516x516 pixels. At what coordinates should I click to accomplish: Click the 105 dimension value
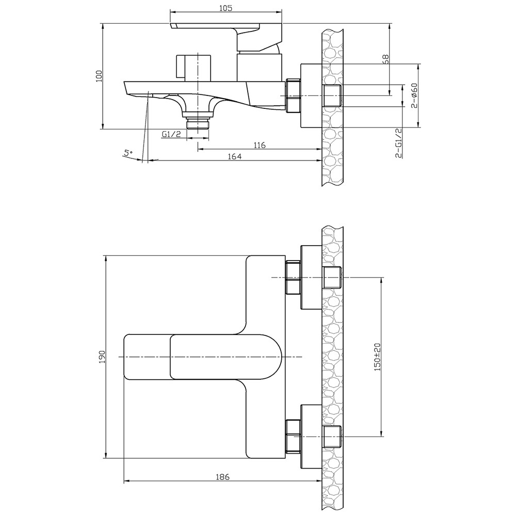[x=226, y=8]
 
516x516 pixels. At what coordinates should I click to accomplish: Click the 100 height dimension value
[x=99, y=76]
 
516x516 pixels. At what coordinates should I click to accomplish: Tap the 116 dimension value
[x=260, y=145]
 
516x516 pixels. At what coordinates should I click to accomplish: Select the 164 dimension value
[x=235, y=156]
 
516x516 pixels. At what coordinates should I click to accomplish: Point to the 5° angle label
[x=127, y=153]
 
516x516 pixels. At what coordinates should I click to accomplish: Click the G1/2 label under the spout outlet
[x=171, y=134]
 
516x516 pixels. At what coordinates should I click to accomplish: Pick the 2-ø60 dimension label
[x=414, y=95]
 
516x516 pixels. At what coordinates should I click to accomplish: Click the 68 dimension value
[x=385, y=59]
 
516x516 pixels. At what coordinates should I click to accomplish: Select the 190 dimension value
[x=102, y=357]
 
